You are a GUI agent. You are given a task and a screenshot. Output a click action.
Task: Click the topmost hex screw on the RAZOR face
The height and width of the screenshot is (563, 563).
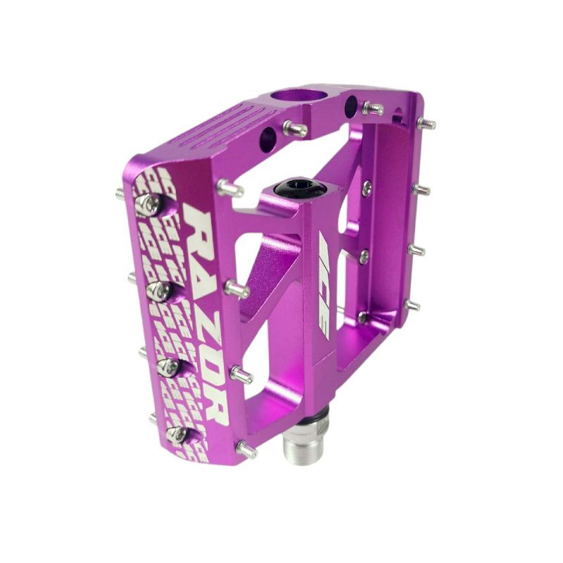click(x=150, y=205)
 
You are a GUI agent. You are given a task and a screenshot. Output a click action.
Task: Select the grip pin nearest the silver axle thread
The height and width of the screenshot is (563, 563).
click(x=246, y=448)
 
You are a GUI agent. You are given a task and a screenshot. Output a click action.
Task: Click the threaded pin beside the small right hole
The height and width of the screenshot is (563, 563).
click(x=373, y=109)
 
